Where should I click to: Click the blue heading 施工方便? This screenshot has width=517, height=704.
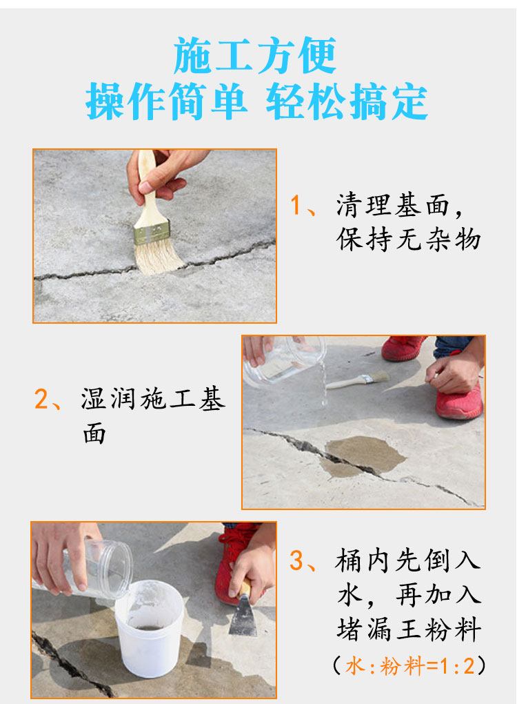coord(254,55)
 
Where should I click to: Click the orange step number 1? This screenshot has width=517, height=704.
coord(296,205)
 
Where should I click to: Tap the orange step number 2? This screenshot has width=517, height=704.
coord(41,399)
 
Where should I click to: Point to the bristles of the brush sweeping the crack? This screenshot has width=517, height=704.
coord(159,257)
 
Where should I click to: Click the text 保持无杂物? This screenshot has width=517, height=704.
coord(409,238)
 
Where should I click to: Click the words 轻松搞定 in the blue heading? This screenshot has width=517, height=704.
coord(347,102)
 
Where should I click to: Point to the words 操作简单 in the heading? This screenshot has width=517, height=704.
coord(166,101)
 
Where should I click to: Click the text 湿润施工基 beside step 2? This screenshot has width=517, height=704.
coord(153,398)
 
